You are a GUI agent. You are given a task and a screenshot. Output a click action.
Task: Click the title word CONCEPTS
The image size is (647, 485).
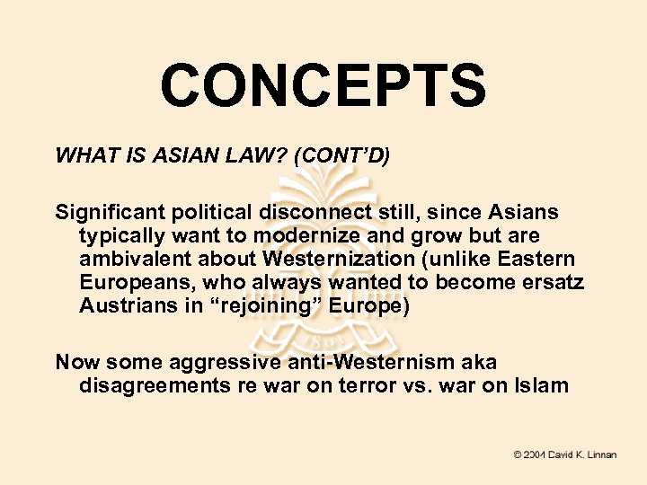(323, 85)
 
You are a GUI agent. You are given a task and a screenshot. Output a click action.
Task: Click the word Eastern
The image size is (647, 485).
(544, 260)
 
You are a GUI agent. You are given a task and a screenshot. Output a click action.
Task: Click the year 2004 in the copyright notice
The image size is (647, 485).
(536, 454)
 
